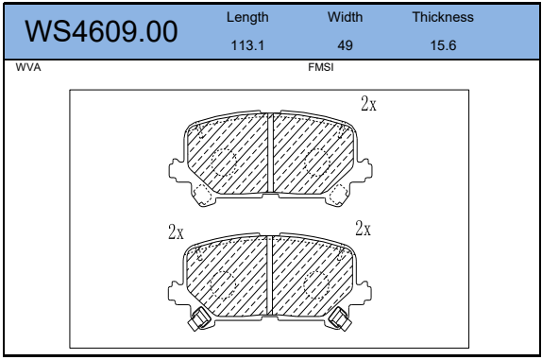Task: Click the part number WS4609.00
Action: point(101,31)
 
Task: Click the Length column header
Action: point(247,17)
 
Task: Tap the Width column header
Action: point(346,17)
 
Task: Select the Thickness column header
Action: point(443,17)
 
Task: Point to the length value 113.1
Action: point(247,45)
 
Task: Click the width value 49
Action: point(346,45)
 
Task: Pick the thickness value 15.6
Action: point(443,45)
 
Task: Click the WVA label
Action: point(28,67)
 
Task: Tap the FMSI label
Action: point(321,67)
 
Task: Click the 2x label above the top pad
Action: point(368,103)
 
